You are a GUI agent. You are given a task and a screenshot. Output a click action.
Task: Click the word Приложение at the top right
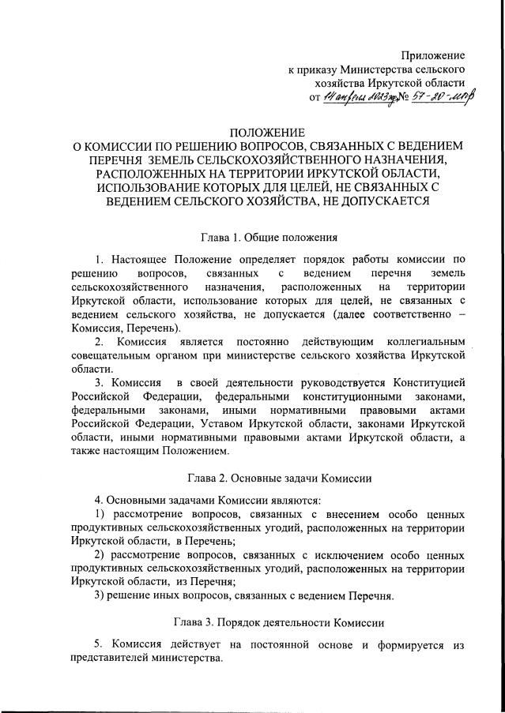tap(432, 55)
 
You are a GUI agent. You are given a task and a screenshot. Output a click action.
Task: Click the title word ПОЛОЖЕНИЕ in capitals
tap(266, 132)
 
